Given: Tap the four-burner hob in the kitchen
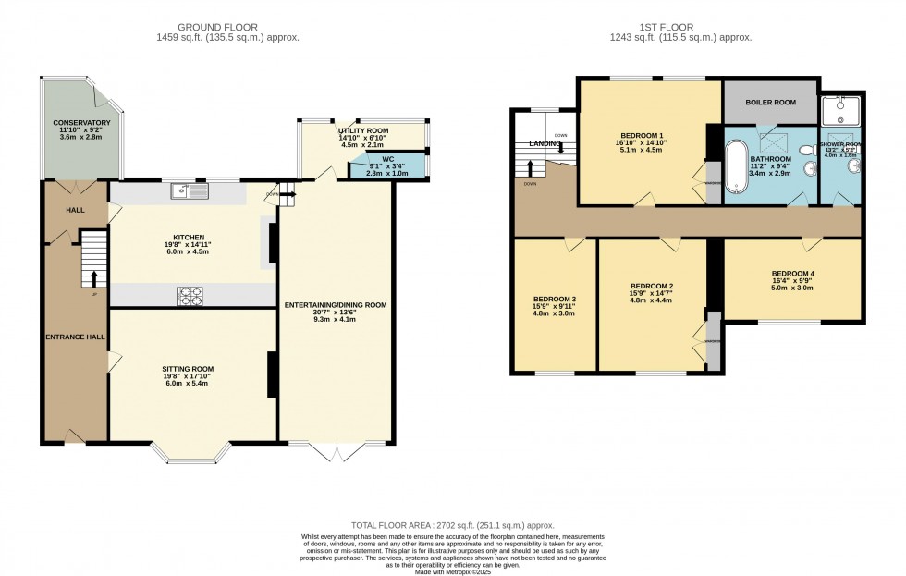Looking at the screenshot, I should (190, 295).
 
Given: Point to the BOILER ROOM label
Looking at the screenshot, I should (770, 103).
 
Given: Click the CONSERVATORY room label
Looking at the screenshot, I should (81, 123).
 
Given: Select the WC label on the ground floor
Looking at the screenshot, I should (387, 158).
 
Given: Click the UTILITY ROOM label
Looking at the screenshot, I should (363, 131).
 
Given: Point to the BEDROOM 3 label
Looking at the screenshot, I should (555, 300).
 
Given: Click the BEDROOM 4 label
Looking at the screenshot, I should (792, 274).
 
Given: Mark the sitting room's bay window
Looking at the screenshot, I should (192, 453).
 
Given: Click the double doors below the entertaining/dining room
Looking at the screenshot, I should (337, 451).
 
